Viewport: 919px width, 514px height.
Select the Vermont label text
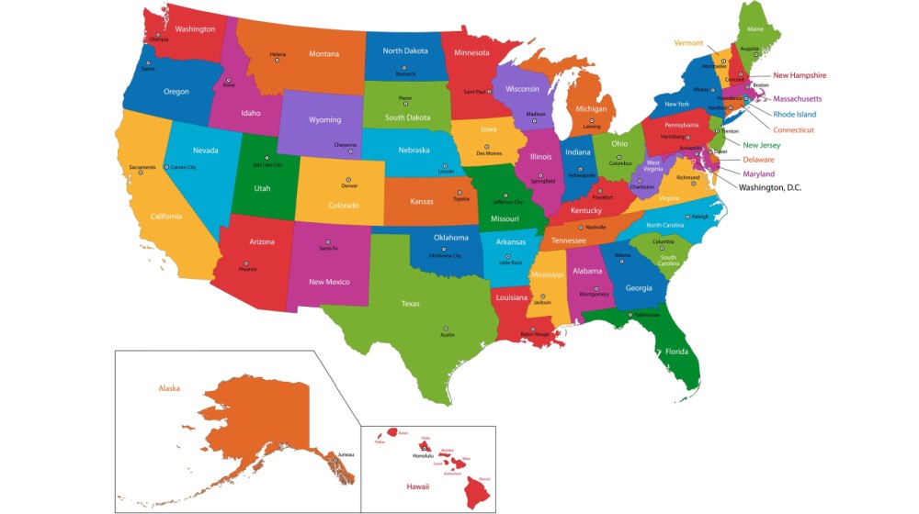click(688, 43)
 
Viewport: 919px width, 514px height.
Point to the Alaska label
click(169, 388)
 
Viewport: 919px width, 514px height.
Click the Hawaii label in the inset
click(419, 486)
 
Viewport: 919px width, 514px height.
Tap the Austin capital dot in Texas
click(447, 329)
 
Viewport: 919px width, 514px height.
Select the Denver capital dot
click(347, 179)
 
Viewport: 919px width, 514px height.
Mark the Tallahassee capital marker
click(630, 315)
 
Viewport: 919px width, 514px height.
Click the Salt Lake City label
click(267, 165)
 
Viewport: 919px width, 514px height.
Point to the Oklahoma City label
click(445, 256)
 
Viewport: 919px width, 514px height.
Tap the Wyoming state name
click(324, 120)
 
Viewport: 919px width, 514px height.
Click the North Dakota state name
click(404, 51)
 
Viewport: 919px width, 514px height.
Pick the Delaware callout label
click(758, 160)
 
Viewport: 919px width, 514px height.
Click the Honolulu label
click(422, 456)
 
